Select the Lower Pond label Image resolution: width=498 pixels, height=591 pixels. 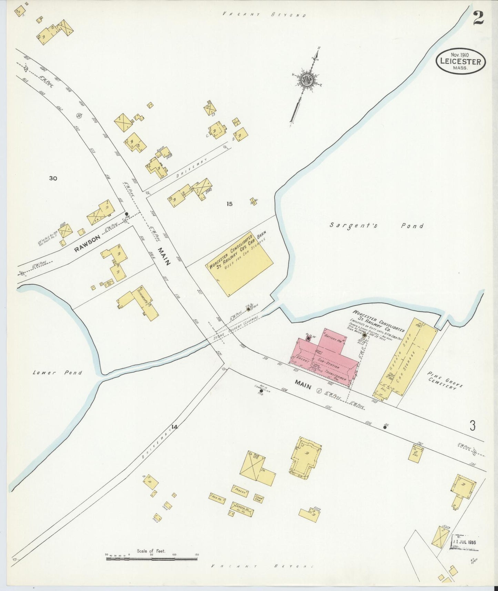(58, 372)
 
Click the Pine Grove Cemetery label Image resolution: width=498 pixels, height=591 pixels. (445, 381)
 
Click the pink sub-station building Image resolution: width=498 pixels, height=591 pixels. (326, 359)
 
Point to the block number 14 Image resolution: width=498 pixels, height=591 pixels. (174, 427)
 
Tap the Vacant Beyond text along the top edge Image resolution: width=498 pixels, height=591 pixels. (264, 15)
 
